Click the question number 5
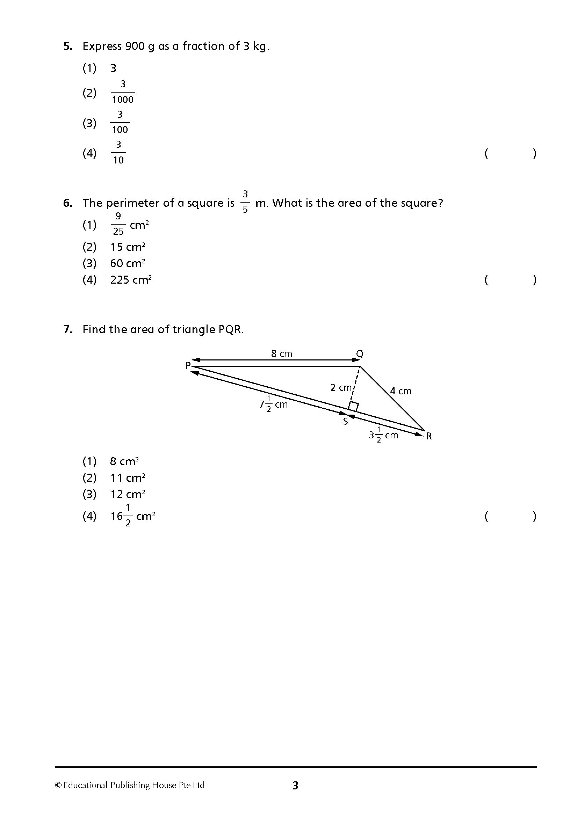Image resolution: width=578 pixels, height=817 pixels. [x=68, y=46]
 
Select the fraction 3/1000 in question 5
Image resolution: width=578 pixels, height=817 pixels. [x=122, y=93]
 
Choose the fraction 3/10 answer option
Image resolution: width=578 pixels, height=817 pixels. [x=118, y=153]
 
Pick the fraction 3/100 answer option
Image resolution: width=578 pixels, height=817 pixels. [x=120, y=122]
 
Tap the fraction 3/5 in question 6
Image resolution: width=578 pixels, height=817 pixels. [x=245, y=202]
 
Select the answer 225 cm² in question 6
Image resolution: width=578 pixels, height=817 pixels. [x=131, y=280]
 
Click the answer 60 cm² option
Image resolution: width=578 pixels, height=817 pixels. [x=128, y=264]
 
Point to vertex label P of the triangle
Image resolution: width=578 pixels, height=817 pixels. [x=188, y=365]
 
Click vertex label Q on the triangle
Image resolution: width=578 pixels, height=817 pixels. [x=360, y=354]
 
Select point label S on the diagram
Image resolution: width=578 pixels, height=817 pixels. [x=345, y=422]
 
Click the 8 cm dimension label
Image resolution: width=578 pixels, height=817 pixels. [x=281, y=354]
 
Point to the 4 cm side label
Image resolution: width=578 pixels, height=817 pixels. [x=400, y=391]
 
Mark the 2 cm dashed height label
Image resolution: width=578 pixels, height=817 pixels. [x=341, y=387]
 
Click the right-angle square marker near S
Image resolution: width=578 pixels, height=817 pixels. [x=353, y=407]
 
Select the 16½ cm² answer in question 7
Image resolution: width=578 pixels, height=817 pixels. [x=132, y=516]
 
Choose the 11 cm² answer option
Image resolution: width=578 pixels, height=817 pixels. [x=128, y=478]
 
